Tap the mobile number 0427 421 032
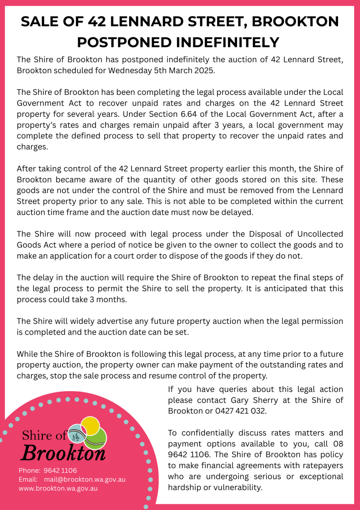pyautogui.click(x=240, y=411)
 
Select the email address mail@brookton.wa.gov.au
pyautogui.click(x=85, y=479)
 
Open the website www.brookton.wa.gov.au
pyautogui.click(x=58, y=488)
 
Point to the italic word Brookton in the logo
pyautogui.click(x=63, y=453)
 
